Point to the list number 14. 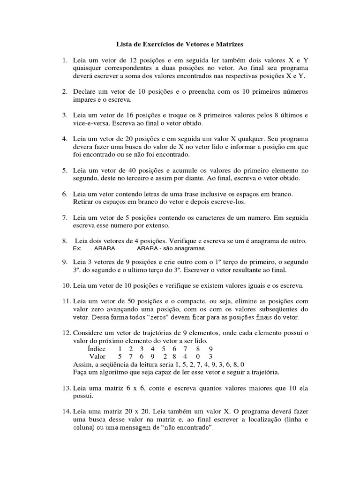pos(63,411)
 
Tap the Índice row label pos(97,349)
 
